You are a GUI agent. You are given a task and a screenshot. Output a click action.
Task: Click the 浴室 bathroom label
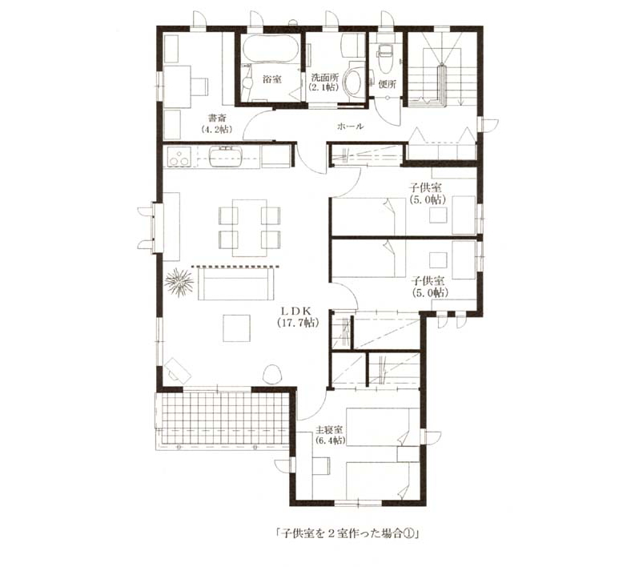pos(272,79)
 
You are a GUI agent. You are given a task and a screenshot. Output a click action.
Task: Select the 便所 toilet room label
pos(387,85)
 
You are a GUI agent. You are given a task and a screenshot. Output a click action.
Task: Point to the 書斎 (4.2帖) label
pos(216,123)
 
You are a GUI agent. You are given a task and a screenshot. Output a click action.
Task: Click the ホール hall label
pos(350,127)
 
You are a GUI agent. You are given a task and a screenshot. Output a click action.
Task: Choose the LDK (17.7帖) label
pos(298,316)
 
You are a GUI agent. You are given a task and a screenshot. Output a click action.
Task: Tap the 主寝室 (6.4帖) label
pos(330,436)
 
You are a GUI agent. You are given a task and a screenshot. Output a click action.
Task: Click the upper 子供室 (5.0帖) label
pos(428,194)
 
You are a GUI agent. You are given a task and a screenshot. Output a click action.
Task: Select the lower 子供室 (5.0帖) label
pos(429,287)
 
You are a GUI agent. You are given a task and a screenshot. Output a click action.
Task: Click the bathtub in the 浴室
pos(268,48)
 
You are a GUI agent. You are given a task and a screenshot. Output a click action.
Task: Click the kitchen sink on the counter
pos(227,156)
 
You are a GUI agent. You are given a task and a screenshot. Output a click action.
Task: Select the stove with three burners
pos(179,156)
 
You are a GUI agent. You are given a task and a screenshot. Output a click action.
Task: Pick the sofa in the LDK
pos(236,283)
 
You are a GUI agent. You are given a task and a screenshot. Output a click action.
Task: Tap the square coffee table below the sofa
pos(236,328)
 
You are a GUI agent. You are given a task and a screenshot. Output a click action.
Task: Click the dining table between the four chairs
pos(249,227)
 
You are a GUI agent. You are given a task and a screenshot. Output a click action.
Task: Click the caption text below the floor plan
pos(347,534)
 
